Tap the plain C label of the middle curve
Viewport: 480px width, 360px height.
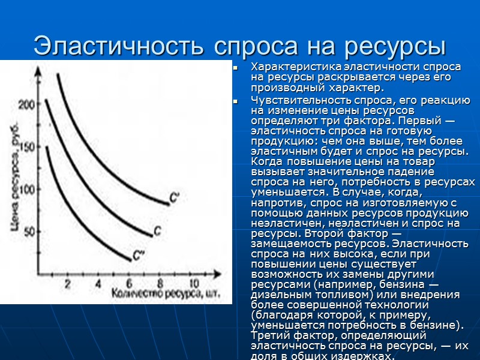[157, 230]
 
